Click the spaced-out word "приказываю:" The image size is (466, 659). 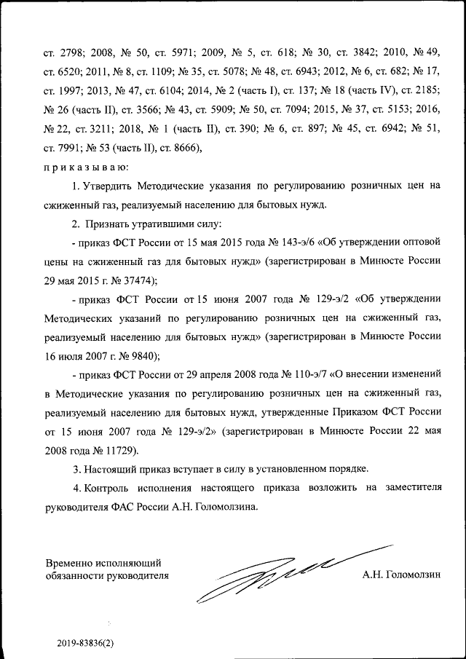76,167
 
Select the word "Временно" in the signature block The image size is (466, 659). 68,563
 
